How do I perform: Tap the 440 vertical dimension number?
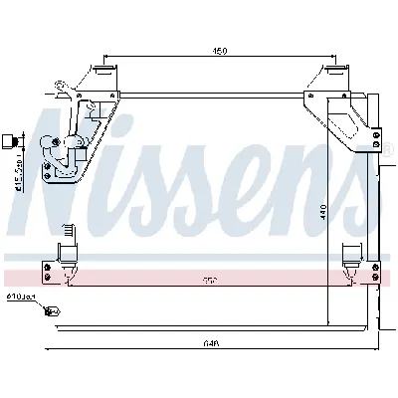[x=323, y=214]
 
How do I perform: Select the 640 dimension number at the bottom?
[x=210, y=343]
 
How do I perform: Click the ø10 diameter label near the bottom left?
[x=20, y=297]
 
